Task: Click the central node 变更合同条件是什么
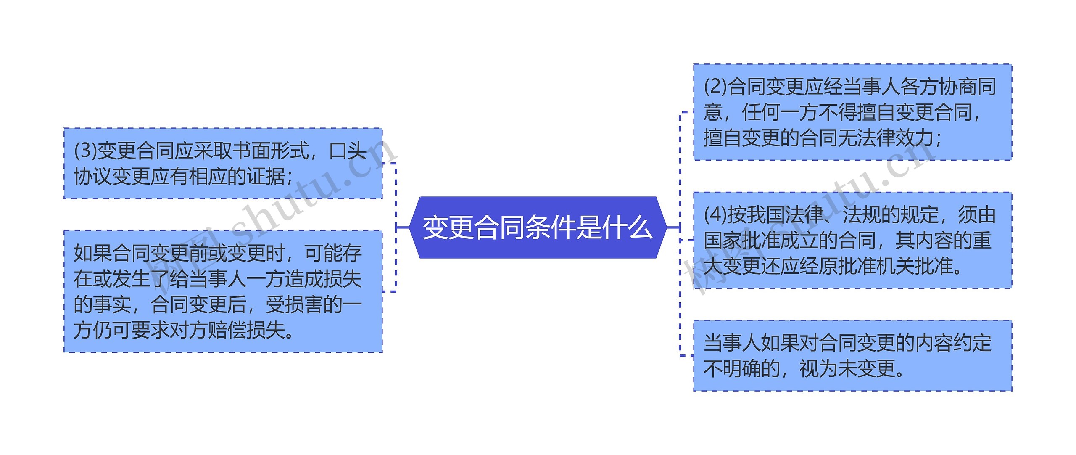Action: tap(538, 227)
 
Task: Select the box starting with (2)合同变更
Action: tap(852, 112)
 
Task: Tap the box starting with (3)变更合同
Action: tap(223, 163)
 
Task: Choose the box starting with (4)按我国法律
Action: tap(852, 240)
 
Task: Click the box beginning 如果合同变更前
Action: tap(223, 291)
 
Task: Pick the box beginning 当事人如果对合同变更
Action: tap(852, 356)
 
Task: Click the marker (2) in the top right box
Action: tap(715, 87)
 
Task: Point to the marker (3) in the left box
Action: tap(85, 151)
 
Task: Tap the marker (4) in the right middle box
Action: tap(715, 215)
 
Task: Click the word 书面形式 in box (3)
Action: tap(271, 151)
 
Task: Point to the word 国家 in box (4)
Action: tap(723, 240)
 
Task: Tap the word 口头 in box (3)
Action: tap(348, 151)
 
